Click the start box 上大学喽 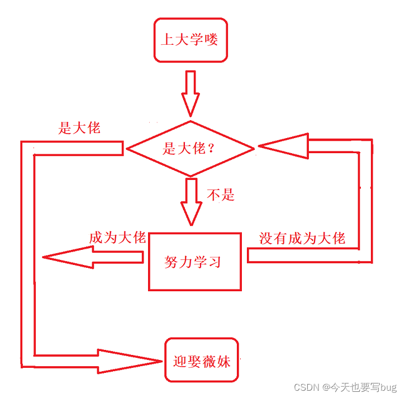pyautogui.click(x=190, y=40)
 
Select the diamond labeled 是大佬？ pyautogui.click(x=190, y=148)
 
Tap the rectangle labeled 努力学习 pyautogui.click(x=194, y=262)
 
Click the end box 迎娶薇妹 pyautogui.click(x=202, y=361)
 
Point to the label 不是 pyautogui.click(x=221, y=195)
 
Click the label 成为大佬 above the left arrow pyautogui.click(x=117, y=238)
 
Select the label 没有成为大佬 pyautogui.click(x=302, y=238)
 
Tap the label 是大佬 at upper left pyautogui.click(x=79, y=127)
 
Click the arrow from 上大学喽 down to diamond pyautogui.click(x=190, y=92)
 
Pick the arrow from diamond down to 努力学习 pyautogui.click(x=190, y=201)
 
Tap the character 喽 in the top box pyautogui.click(x=211, y=40)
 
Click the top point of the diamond pyautogui.click(x=190, y=121)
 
